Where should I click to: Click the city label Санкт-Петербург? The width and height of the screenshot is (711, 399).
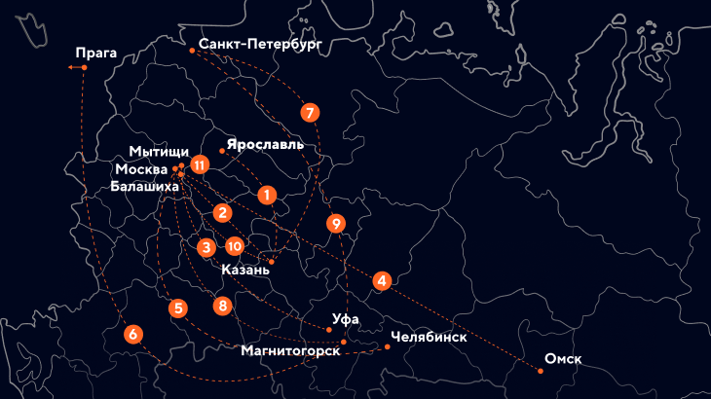pos(259,44)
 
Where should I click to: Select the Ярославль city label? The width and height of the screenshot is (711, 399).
pos(265,145)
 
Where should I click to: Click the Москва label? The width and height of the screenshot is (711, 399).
pos(142,168)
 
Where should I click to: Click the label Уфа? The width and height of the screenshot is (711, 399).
pos(346,319)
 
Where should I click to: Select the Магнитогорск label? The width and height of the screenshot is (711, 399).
pos(290,350)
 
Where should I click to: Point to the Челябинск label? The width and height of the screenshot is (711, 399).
pos(428,338)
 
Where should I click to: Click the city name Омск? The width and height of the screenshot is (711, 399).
pos(563,359)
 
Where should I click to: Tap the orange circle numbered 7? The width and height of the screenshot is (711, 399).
pos(310,112)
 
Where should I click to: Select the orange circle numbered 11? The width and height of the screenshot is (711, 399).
pos(200,164)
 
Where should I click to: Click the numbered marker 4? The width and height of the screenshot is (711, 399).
pos(383,281)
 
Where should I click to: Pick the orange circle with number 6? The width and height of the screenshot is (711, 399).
pos(132,334)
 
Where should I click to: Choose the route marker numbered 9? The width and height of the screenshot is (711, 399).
pos(336,223)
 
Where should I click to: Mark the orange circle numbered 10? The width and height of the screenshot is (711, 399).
pos(234,247)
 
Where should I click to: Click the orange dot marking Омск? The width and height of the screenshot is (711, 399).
pos(541,371)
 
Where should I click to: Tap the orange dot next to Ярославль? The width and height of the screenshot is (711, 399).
pos(222,151)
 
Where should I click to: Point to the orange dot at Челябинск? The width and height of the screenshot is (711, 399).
pos(387,346)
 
